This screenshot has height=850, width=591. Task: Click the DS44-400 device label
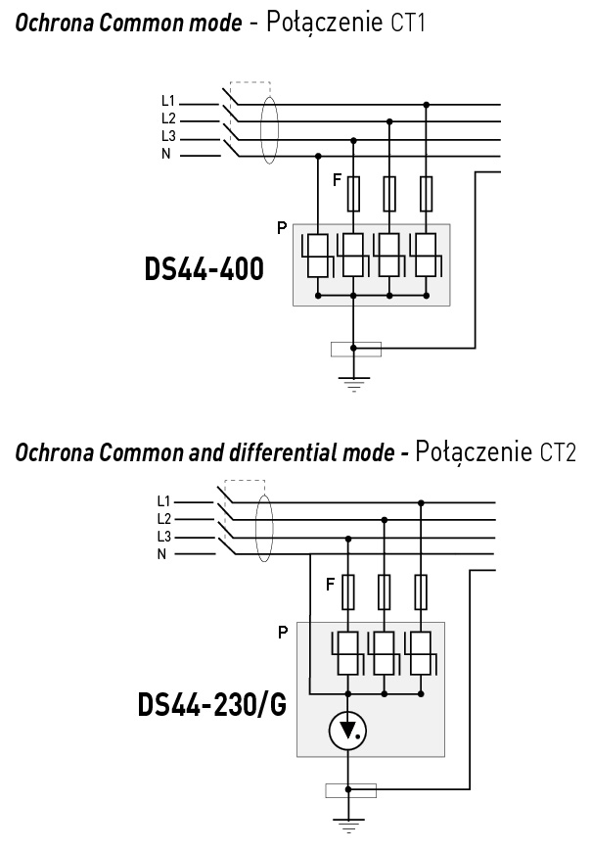tap(204, 269)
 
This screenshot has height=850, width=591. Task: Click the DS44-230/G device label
tap(212, 704)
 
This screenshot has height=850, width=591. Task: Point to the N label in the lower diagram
tap(162, 553)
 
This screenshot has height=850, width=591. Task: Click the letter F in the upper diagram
tap(338, 180)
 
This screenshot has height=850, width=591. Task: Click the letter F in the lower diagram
tap(331, 585)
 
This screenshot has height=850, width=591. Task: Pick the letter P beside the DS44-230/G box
tap(283, 632)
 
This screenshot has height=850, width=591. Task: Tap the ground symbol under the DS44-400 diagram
tap(353, 384)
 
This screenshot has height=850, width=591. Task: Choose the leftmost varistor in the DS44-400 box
tap(318, 257)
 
